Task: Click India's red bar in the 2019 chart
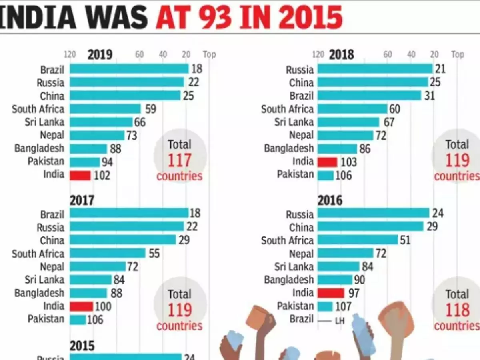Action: (80, 175)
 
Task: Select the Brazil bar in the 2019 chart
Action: (129, 69)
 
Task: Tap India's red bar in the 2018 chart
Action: (327, 162)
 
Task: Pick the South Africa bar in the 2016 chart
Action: (358, 240)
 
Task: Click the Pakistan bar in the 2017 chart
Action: (78, 319)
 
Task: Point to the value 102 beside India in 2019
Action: (102, 175)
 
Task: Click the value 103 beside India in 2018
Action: (348, 162)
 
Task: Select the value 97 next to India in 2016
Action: (354, 293)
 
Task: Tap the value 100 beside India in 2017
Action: (103, 306)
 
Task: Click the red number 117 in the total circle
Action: (179, 161)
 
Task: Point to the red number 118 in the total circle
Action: (457, 310)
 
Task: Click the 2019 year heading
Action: (100, 54)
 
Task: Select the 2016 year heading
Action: (330, 200)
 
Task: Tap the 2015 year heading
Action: (82, 345)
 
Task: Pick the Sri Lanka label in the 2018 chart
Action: (294, 122)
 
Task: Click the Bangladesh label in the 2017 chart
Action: (39, 293)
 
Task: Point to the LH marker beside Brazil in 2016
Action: (340, 320)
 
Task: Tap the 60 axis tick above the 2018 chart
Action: (387, 54)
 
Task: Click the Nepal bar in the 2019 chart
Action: (97, 135)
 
